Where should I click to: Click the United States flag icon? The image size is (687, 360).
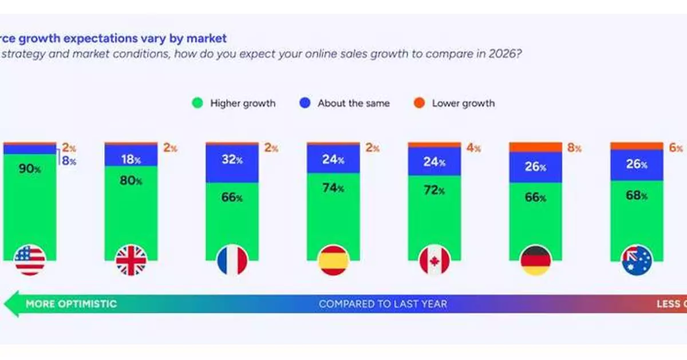(x=30, y=260)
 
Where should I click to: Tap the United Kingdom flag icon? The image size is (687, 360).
(x=131, y=260)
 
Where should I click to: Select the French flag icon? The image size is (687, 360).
(x=232, y=260)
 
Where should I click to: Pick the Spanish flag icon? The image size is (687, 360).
(x=333, y=260)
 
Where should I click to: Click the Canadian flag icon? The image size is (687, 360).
(x=435, y=260)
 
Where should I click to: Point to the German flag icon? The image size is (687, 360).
(x=536, y=260)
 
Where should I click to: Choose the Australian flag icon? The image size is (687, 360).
(x=637, y=260)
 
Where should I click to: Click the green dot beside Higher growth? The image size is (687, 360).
(x=198, y=104)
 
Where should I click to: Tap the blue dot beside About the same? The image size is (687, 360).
(x=305, y=104)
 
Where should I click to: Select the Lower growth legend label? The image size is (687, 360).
(x=463, y=104)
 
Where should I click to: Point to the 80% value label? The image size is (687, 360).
(x=131, y=181)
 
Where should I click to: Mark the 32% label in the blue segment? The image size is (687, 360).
(x=232, y=160)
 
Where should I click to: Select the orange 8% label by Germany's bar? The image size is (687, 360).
(x=574, y=148)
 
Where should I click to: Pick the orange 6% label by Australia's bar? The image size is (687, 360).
(x=675, y=147)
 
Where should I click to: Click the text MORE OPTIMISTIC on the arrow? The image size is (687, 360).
(x=71, y=304)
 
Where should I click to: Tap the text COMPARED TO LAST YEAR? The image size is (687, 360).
(x=382, y=304)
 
